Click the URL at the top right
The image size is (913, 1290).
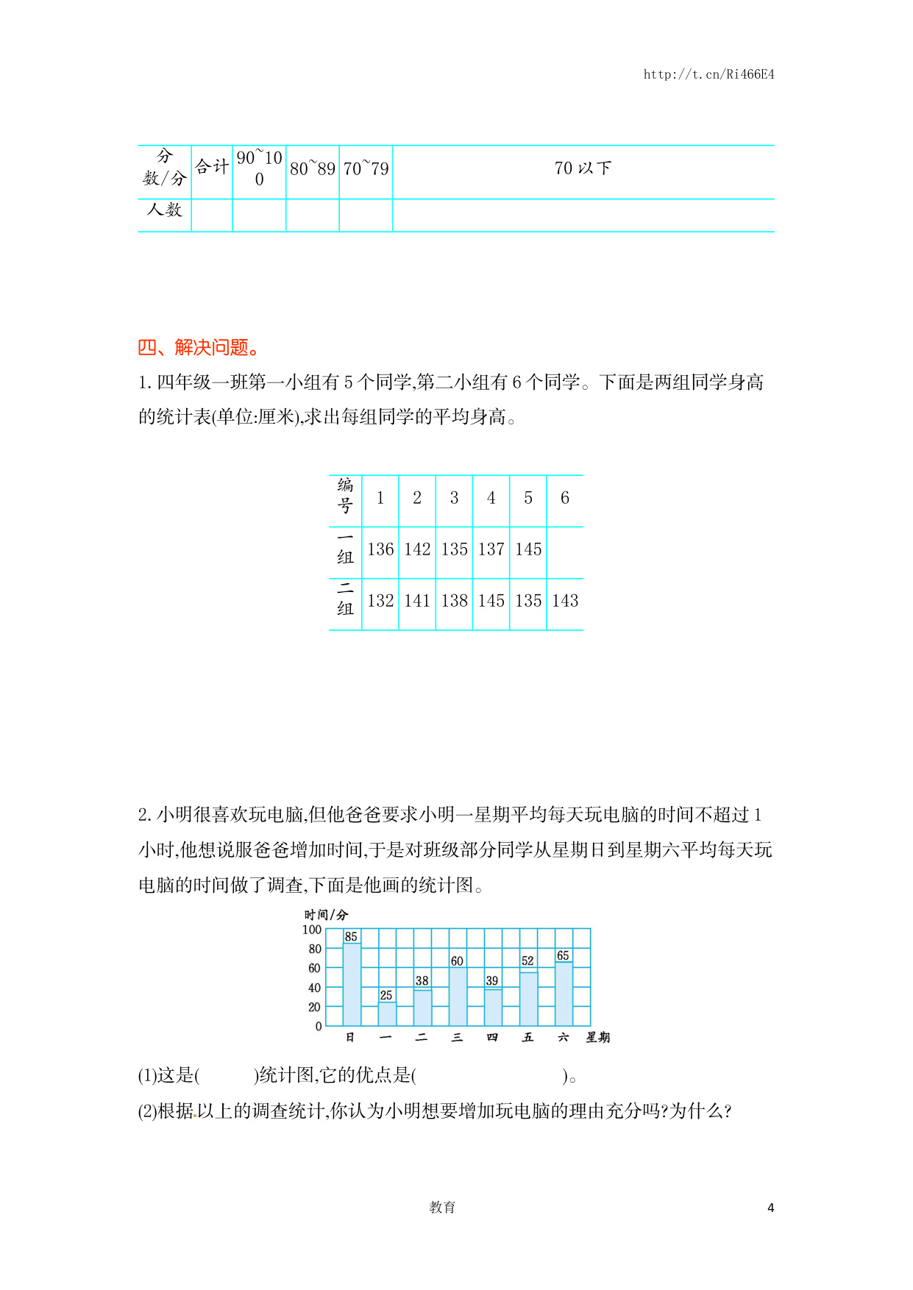pos(708,74)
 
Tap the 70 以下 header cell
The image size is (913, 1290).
pos(583,168)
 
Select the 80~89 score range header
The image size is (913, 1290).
pos(312,169)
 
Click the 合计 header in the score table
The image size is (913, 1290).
pos(212,167)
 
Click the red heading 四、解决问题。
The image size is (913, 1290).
pos(199,347)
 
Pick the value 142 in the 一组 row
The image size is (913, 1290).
pos(417,549)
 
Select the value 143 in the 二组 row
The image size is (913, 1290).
pos(565,601)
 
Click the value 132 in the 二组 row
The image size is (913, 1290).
pos(380,601)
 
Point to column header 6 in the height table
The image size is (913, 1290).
pos(565,498)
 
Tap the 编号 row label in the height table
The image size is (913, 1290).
pos(345,496)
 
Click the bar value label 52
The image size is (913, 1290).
pos(527,961)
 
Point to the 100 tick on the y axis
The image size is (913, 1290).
pos(312,930)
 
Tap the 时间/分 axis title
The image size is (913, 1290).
pos(326,915)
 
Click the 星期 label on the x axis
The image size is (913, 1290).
pos(597,1038)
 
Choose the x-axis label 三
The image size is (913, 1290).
pos(457,1038)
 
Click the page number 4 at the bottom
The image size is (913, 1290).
pos(770,1208)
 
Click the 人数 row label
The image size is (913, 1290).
pos(164,210)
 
